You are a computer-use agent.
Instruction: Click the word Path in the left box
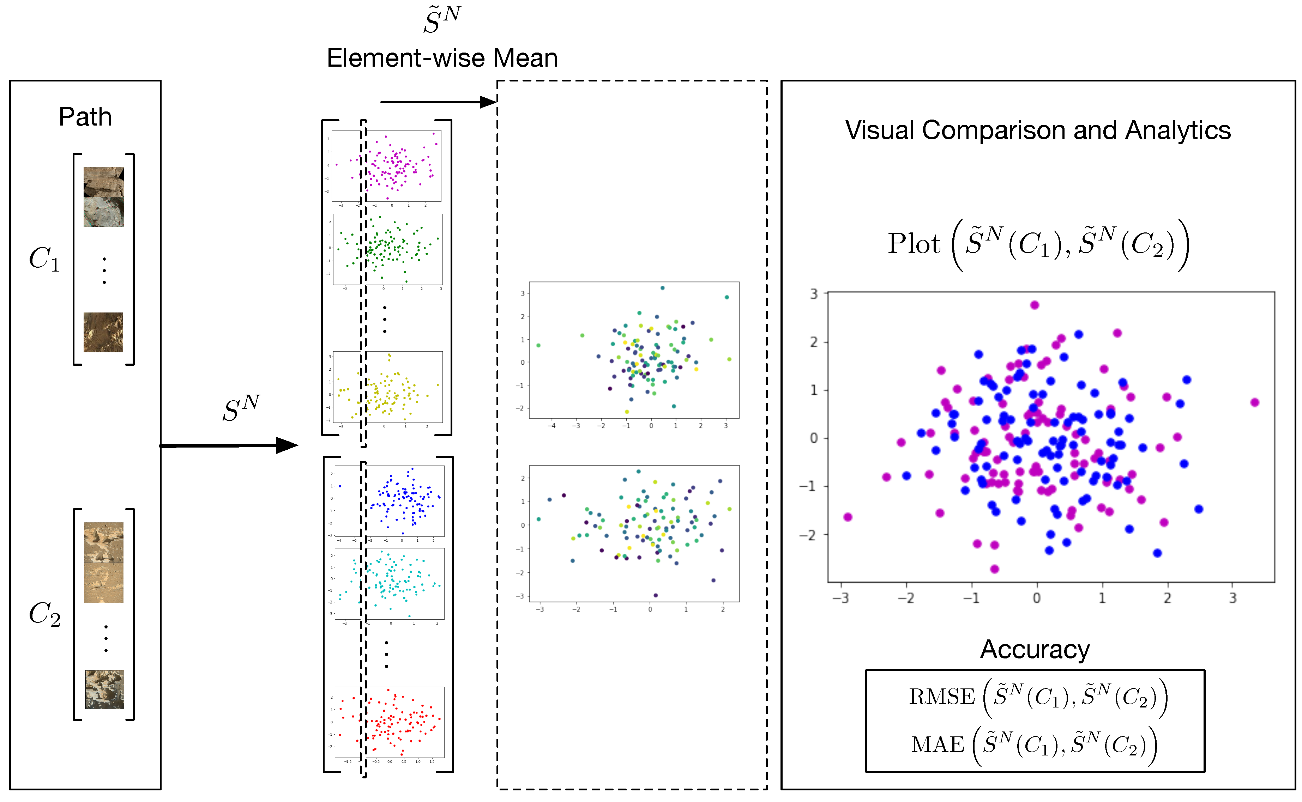(85, 117)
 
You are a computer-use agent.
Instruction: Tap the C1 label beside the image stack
(44, 259)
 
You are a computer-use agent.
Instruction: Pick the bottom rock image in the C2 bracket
(104, 689)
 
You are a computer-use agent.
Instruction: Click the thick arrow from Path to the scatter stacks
(228, 445)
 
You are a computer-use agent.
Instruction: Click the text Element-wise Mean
(442, 58)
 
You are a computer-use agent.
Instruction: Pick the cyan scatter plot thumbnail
(390, 583)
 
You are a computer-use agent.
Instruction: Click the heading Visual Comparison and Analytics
(1038, 130)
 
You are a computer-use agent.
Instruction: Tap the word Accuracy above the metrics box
(1035, 649)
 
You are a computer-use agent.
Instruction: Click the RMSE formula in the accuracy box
(1038, 697)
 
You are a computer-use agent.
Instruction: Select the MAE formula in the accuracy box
(1033, 744)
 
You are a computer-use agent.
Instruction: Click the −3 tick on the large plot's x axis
(840, 598)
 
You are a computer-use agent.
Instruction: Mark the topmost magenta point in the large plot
(1035, 305)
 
